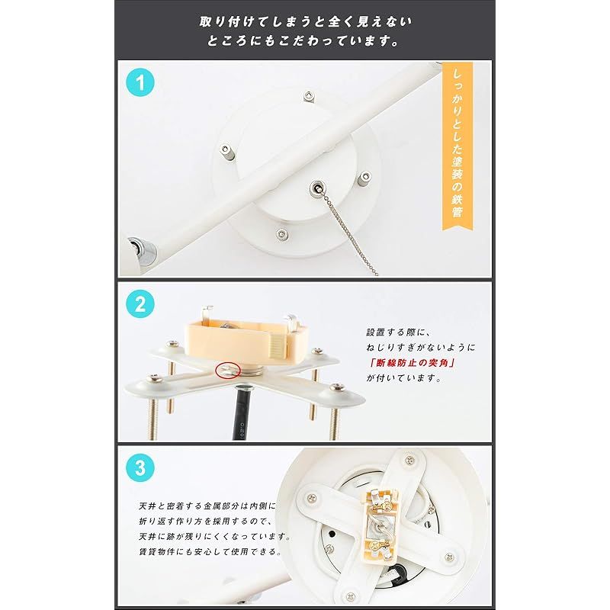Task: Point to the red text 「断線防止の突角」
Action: click(411, 362)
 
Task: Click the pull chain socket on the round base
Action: click(314, 187)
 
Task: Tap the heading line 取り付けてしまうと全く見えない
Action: click(304, 21)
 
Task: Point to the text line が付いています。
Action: click(404, 377)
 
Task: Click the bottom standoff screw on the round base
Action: click(283, 234)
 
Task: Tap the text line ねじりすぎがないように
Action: click(419, 347)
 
